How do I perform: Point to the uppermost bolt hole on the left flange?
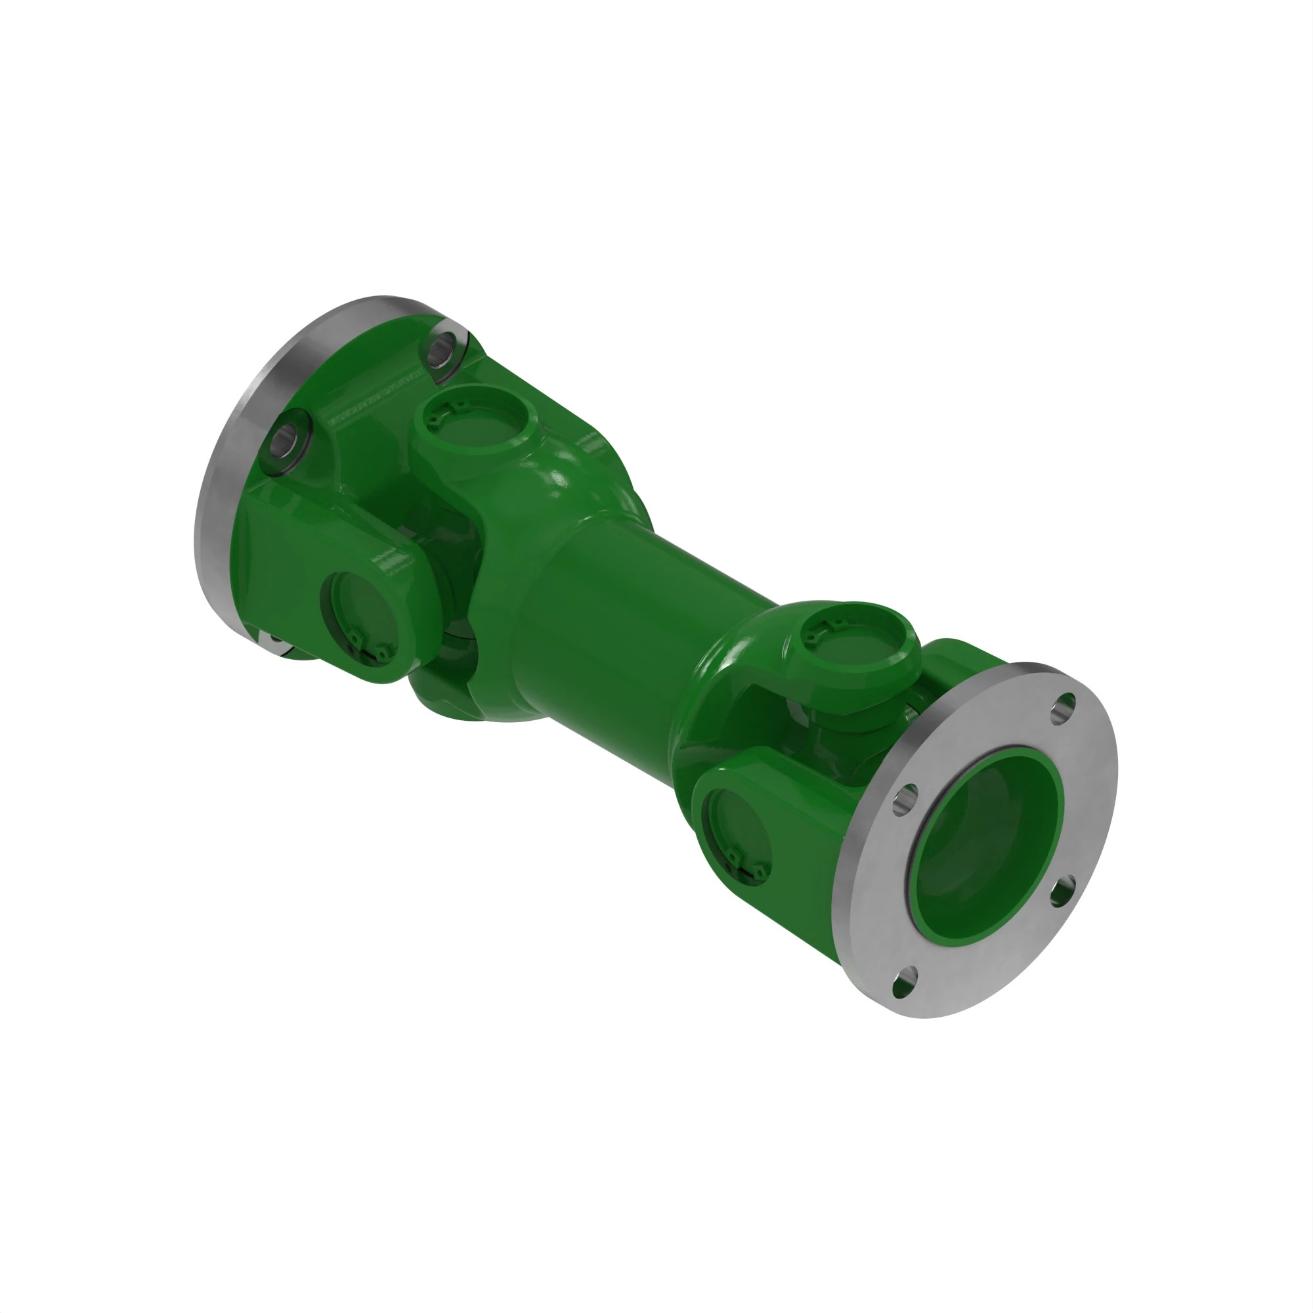coord(444,349)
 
